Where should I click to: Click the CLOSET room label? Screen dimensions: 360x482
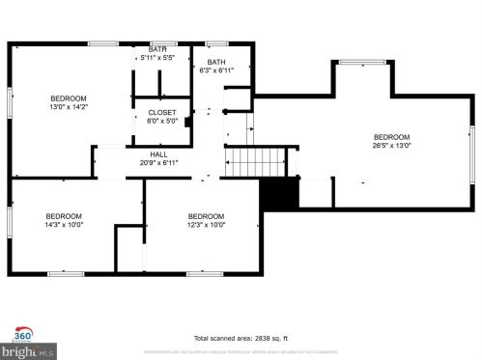pos(161,112)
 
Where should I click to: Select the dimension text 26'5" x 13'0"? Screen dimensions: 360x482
pos(391,146)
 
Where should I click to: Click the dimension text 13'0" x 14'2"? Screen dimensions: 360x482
pos(69,107)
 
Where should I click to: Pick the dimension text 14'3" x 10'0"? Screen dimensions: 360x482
pos(65,224)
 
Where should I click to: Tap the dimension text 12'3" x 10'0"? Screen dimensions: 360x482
pos(206,224)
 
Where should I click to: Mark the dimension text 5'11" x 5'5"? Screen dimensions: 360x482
pos(156,58)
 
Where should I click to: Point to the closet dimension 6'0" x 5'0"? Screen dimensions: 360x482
pos(161,121)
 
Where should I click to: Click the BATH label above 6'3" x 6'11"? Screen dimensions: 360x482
pos(215,62)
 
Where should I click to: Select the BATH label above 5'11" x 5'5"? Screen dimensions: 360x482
pos(156,49)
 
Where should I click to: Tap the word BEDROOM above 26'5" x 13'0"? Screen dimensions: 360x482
pos(391,137)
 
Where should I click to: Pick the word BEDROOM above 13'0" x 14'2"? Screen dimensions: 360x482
pos(69,98)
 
